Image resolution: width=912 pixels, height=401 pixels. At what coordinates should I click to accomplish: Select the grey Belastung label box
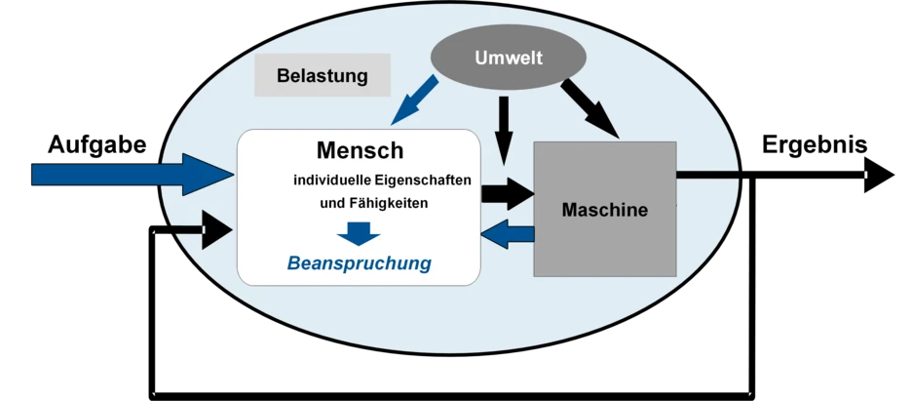coord(322,75)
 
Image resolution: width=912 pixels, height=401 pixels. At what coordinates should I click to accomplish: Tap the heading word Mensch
coord(360,151)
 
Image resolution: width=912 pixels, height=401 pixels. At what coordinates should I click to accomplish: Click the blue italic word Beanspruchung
coord(359,263)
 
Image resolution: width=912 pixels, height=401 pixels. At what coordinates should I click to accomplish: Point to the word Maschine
coord(604,209)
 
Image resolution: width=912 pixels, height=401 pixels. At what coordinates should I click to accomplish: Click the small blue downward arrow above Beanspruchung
coord(359,234)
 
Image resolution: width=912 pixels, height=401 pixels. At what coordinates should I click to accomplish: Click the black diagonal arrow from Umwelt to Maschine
coord(589,107)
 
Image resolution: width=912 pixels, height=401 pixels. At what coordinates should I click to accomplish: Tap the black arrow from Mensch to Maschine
coord(508,192)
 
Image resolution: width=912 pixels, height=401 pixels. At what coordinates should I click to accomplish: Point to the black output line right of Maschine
coord(707,176)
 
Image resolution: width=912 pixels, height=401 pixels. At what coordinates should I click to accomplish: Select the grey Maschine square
coord(604,244)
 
